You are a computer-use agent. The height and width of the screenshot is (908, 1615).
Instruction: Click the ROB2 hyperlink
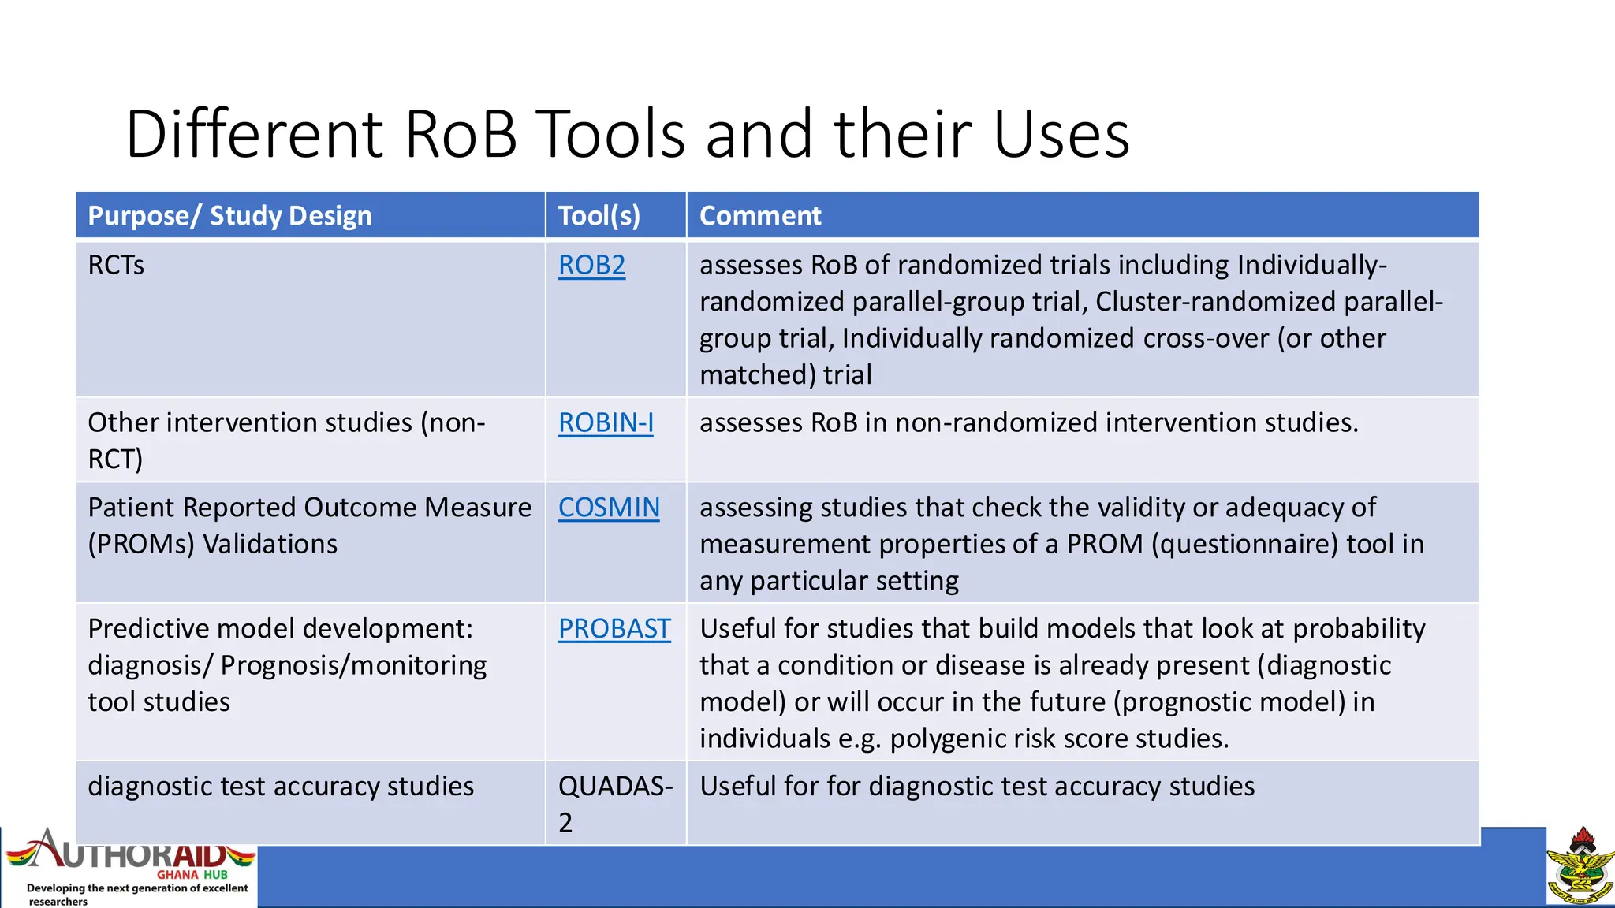coord(591,266)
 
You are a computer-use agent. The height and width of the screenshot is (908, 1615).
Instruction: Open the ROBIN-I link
coord(606,423)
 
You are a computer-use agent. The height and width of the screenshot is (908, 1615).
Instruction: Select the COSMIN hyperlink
coord(609,508)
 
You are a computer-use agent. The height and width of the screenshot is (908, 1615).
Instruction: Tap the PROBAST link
coord(614,629)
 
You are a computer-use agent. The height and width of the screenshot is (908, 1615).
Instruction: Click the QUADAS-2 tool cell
coord(615,803)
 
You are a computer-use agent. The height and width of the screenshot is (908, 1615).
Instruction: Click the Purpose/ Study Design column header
coord(229,216)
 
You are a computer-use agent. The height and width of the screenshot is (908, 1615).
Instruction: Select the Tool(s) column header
coord(599,216)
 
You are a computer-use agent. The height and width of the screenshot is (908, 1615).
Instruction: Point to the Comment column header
coord(760,216)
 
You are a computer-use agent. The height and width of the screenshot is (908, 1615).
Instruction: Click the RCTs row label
coord(116,266)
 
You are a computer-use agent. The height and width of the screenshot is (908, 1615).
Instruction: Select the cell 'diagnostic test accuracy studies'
coord(281,787)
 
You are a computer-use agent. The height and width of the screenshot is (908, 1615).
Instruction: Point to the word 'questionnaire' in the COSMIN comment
coord(1244,545)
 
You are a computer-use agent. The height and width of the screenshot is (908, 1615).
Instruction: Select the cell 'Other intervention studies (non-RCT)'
coord(286,440)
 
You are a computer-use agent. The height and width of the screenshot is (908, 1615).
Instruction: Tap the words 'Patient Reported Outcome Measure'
coord(309,508)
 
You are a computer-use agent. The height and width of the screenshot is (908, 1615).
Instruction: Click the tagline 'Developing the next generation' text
coord(137,888)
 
